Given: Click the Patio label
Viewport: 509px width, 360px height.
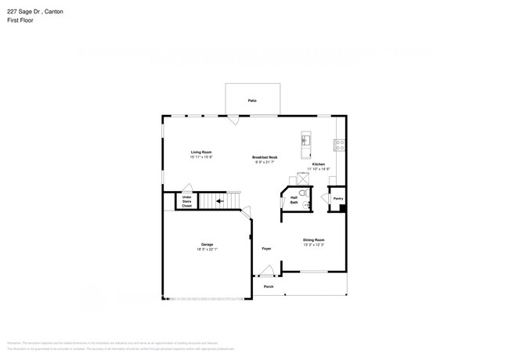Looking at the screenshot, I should (x=252, y=101).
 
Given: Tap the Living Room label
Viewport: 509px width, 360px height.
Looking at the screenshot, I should (x=201, y=152).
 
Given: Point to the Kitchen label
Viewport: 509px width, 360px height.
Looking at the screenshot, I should (x=319, y=164).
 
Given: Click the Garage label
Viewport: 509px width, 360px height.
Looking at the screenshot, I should (x=208, y=244).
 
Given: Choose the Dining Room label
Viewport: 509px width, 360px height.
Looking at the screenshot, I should (x=314, y=239).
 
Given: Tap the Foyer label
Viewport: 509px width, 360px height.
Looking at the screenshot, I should (x=266, y=248).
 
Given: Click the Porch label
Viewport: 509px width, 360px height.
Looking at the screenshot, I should (x=268, y=287).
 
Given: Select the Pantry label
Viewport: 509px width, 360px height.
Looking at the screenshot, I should (x=338, y=199).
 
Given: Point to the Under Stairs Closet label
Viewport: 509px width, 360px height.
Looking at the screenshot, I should (x=187, y=201).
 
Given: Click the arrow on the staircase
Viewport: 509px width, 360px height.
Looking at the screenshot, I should (x=220, y=201).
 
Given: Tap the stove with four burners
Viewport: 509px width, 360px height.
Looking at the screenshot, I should (x=340, y=144).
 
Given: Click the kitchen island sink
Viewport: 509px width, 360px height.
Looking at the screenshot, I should (x=305, y=142).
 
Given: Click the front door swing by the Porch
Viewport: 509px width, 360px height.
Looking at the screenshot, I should (x=268, y=272).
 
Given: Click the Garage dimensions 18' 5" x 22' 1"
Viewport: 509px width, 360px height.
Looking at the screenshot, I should (x=208, y=250).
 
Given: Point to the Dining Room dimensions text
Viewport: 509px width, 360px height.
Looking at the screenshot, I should (x=314, y=245).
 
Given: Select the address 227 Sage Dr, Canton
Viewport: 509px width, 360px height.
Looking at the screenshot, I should (x=34, y=11).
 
